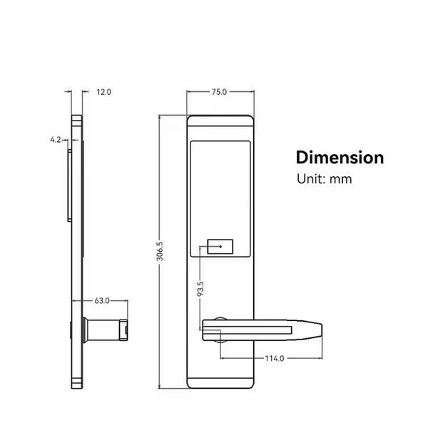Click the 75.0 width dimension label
point(219,92)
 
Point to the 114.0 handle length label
point(274,359)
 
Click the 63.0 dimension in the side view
point(103,301)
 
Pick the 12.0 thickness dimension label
point(104,92)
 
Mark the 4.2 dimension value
point(55,141)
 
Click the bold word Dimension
point(340,158)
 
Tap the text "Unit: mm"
point(324,179)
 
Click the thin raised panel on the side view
point(69,181)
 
